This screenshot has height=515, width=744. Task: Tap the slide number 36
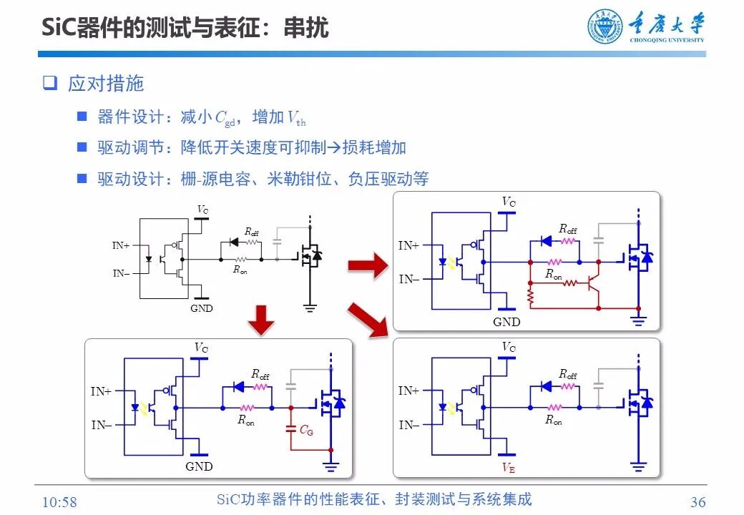click(697, 501)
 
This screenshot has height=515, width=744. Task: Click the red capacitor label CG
click(306, 430)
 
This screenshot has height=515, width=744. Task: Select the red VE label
click(509, 468)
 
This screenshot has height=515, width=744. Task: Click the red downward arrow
click(264, 318)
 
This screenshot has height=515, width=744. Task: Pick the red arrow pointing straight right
click(367, 266)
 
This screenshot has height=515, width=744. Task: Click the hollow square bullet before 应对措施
click(49, 83)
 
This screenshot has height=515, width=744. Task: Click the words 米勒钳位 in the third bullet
click(294, 179)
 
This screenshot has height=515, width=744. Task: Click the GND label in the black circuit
click(202, 308)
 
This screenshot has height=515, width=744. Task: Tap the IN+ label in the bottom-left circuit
click(101, 391)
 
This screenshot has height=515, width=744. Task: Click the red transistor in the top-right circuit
click(593, 282)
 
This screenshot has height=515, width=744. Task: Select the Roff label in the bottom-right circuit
click(568, 374)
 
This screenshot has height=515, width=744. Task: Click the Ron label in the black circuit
click(240, 270)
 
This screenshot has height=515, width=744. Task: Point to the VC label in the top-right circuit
click(509, 202)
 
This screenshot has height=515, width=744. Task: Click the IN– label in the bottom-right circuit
click(408, 425)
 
